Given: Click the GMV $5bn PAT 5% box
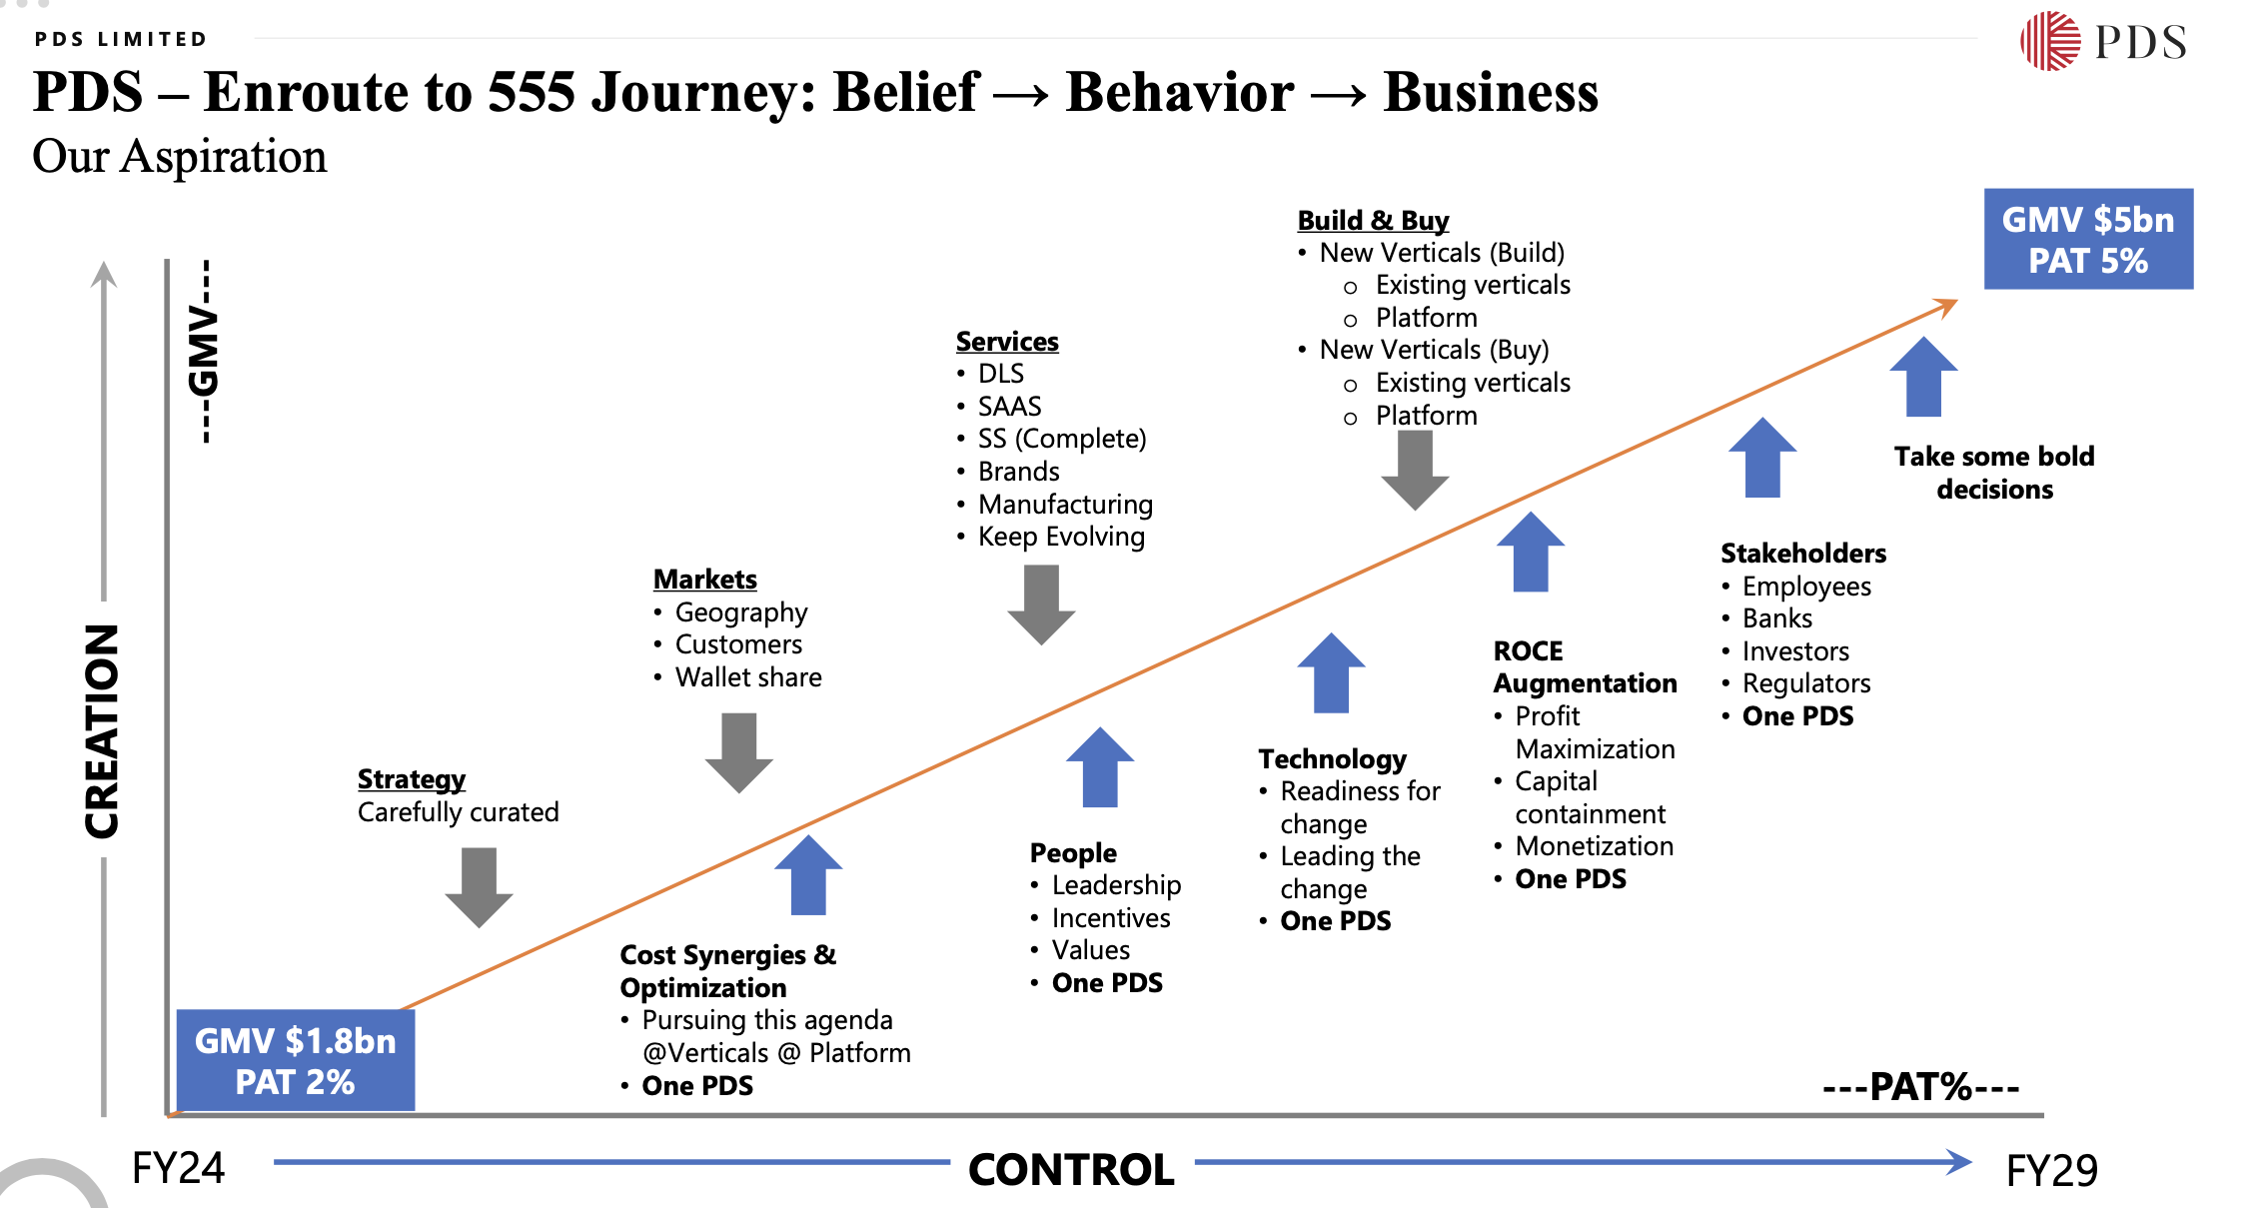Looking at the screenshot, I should pyautogui.click(x=2087, y=240).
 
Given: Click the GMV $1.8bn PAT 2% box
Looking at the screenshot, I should pyautogui.click(x=296, y=1060).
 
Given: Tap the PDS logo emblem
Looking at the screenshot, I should pyautogui.click(x=2049, y=41).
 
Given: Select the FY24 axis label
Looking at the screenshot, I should pyautogui.click(x=179, y=1167).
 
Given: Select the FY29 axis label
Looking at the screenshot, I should pyautogui.click(x=2051, y=1170).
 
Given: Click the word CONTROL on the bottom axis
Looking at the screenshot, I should pyautogui.click(x=1071, y=1169).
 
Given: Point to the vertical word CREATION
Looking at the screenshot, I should pyautogui.click(x=102, y=730).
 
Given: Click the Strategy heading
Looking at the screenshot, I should pyautogui.click(x=412, y=778).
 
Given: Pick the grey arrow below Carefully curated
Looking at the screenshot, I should pyautogui.click(x=480, y=886).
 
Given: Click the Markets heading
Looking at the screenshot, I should pyautogui.click(x=705, y=580).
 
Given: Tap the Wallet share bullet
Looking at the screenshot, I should pyautogui.click(x=748, y=677).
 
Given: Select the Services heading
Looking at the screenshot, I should pyautogui.click(x=1007, y=342).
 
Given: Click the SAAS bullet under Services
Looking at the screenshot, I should pyautogui.click(x=1009, y=407).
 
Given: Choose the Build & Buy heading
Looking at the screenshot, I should pyautogui.click(x=1373, y=220).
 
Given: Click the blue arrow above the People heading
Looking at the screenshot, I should pyautogui.click(x=1100, y=766).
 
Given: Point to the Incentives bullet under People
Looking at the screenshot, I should pyautogui.click(x=1110, y=918).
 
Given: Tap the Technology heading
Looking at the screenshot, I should pyautogui.click(x=1332, y=759).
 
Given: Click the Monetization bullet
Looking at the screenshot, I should pyautogui.click(x=1594, y=846).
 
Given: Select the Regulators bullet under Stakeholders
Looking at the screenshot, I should pyautogui.click(x=1806, y=683).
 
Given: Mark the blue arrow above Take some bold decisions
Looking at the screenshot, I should pyautogui.click(x=1923, y=377).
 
